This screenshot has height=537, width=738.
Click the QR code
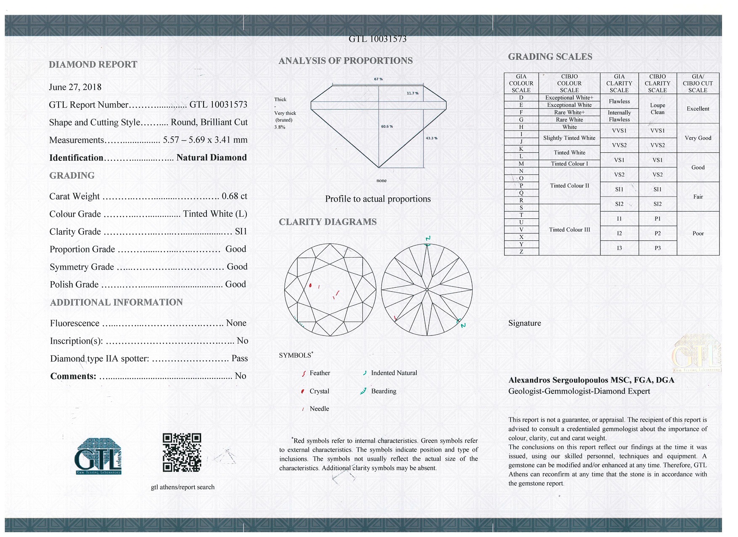(x=182, y=452)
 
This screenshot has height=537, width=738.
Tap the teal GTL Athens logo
(x=98, y=457)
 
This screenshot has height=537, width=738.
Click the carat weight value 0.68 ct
(x=234, y=196)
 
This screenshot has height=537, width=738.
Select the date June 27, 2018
(x=75, y=87)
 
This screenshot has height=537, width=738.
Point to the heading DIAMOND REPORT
(x=93, y=64)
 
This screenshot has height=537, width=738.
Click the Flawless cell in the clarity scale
(x=619, y=101)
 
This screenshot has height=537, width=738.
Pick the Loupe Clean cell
(x=657, y=109)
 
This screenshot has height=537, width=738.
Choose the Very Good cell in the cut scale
(x=698, y=138)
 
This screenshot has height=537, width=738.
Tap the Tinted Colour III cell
(x=569, y=230)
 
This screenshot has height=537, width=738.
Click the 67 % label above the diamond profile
(x=378, y=79)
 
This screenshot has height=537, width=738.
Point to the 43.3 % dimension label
(x=431, y=138)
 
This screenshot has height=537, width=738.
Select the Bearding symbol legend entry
(x=383, y=391)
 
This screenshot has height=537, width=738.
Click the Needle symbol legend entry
(x=319, y=409)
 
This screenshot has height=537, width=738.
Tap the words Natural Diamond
(x=212, y=157)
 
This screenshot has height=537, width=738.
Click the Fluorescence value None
(x=236, y=323)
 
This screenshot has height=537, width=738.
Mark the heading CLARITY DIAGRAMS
(x=328, y=222)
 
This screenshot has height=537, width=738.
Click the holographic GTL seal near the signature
(x=696, y=354)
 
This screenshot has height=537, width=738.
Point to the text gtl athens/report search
(x=183, y=487)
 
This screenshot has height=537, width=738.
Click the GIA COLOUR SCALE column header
(x=521, y=83)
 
